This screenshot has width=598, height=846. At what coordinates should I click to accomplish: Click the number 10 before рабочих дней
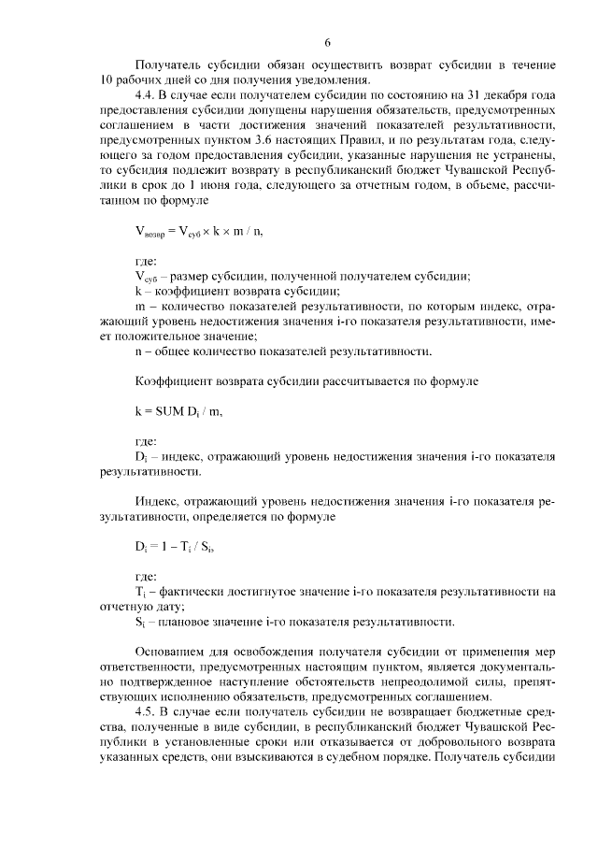[x=106, y=80]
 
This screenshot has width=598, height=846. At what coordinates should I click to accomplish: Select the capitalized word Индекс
[x=155, y=502]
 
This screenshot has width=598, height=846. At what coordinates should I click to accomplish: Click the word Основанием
[x=173, y=651]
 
